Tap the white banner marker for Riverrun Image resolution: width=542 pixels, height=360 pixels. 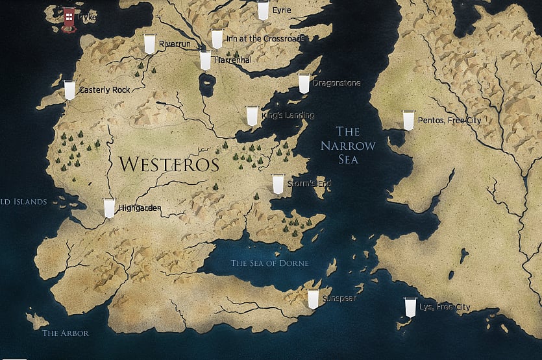150,43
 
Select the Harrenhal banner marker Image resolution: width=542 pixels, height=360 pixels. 205,60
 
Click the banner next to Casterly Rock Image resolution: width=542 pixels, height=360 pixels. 69,90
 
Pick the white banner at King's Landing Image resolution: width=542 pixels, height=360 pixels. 253,115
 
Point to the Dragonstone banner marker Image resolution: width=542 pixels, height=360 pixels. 304,84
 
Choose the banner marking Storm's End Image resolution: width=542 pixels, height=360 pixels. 278,184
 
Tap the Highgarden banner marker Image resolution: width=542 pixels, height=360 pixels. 109,208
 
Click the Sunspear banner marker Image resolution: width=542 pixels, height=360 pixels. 313,298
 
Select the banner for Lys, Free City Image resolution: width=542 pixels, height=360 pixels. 410,307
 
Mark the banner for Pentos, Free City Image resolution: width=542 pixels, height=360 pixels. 408,120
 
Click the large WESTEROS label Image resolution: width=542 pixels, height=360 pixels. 169,165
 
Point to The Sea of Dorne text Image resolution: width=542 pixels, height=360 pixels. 270,263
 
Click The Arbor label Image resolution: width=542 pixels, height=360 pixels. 65,333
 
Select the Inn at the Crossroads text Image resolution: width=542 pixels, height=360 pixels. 265,39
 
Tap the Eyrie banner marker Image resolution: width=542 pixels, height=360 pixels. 263,10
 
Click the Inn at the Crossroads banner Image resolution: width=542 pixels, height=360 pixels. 217,40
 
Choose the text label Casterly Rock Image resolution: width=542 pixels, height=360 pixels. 105,90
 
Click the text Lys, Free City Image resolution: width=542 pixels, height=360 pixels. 445,307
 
